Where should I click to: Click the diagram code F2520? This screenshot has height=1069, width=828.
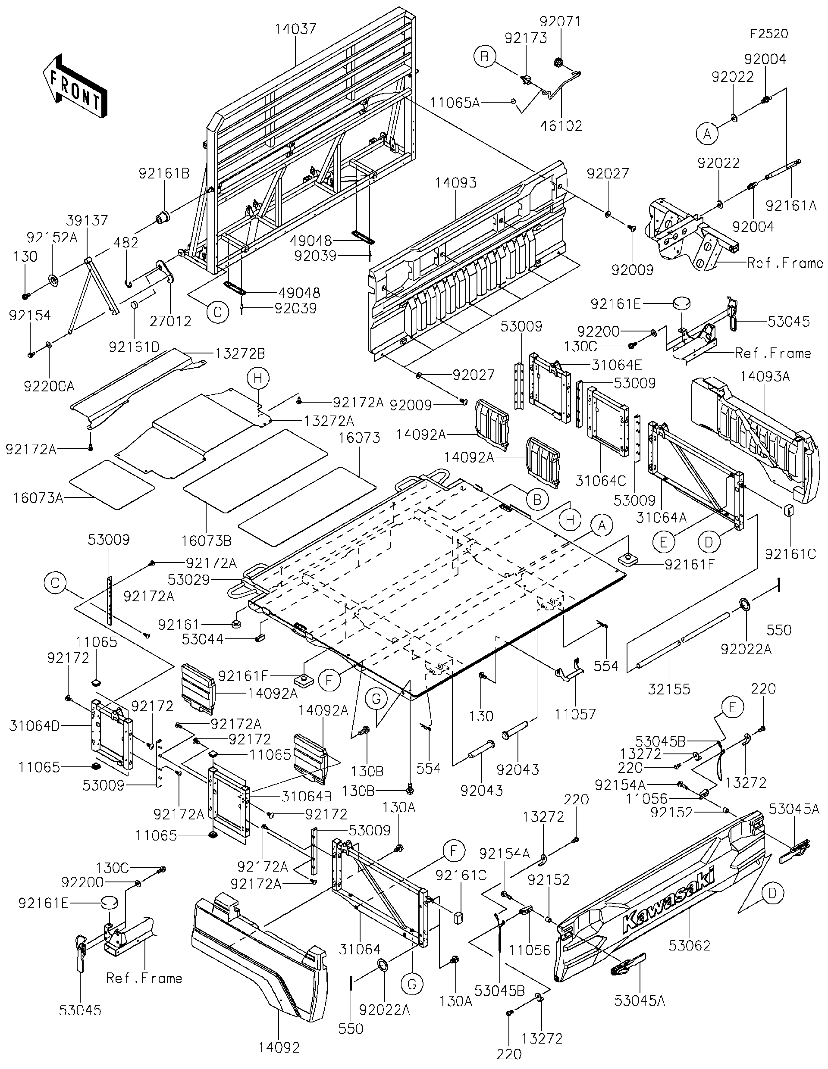tap(769, 34)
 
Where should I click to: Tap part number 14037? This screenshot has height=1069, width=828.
tap(295, 29)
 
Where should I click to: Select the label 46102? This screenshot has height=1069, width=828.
tap(561, 126)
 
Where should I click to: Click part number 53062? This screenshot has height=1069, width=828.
tap(690, 945)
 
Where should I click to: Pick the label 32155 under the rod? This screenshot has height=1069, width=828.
tap(669, 689)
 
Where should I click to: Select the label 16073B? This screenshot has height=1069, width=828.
tap(206, 541)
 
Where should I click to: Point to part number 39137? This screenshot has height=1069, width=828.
tap(88, 221)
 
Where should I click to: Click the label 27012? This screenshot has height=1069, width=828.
tap(170, 321)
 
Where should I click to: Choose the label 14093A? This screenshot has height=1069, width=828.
tap(764, 376)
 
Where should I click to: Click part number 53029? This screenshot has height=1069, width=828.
tap(188, 580)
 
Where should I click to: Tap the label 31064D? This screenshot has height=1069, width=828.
tap(34, 726)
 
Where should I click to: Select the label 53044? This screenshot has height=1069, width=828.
tap(202, 639)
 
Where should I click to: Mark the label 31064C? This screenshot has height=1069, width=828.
tap(601, 481)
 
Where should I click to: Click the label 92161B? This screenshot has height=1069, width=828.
tap(163, 173)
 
